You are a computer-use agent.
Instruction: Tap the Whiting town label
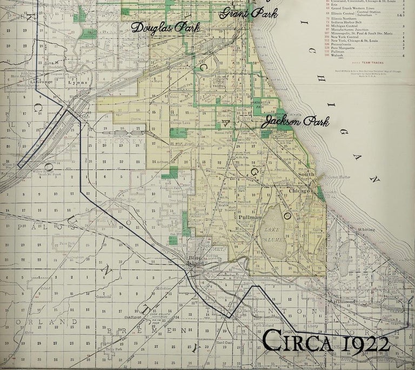point(366,229)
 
